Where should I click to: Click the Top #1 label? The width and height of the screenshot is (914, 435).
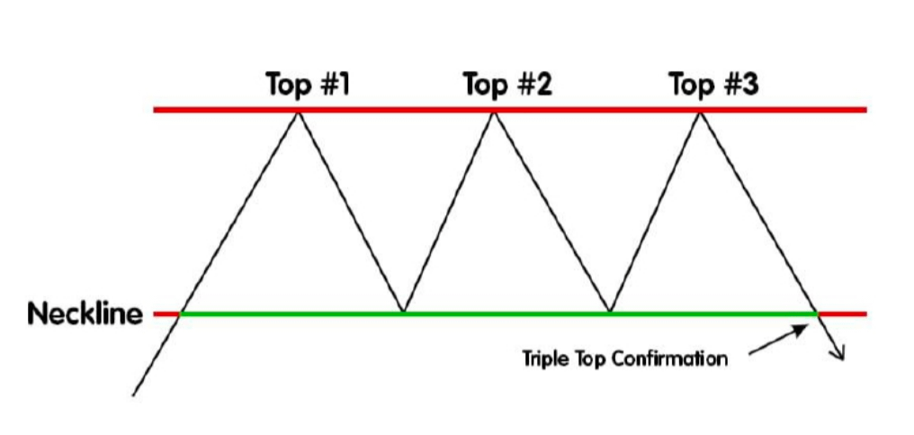coord(308,86)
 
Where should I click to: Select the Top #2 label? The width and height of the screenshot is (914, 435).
coord(507,86)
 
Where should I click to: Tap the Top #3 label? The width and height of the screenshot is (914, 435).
coord(713,86)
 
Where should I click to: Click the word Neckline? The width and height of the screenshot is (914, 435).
coord(85,314)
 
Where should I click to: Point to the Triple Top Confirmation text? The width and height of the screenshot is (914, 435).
coord(625,358)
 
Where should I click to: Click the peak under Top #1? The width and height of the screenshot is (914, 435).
coord(299,111)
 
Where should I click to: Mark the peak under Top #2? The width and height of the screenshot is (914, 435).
coord(493,111)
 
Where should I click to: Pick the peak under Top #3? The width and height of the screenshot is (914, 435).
coord(700,111)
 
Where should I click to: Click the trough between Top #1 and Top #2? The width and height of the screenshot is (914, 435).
coord(402,313)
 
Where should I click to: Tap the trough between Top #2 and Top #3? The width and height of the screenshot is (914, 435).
coord(610,313)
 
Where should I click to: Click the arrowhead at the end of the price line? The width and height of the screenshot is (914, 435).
coord(842,357)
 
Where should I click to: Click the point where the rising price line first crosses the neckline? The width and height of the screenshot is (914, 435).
coord(181,313)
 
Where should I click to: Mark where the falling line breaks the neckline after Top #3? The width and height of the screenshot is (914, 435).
coord(817,313)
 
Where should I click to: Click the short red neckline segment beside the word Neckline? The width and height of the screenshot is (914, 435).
coord(166,314)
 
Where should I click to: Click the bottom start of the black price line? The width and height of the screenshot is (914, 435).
coord(134,394)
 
